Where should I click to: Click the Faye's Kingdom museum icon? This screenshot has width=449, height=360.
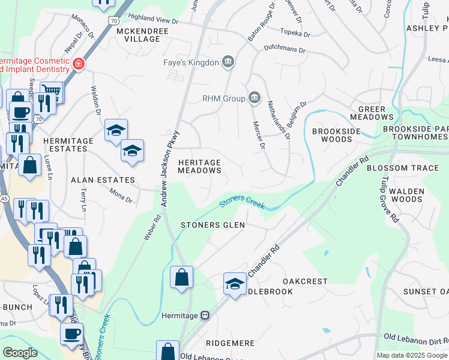(x=228, y=61)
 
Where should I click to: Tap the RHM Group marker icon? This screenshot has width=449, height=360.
(x=255, y=98)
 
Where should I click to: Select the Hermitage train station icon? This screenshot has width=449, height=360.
(x=205, y=315)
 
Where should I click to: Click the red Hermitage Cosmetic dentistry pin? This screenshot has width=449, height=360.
(x=78, y=64)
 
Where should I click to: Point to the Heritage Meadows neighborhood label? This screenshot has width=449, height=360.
(x=200, y=166)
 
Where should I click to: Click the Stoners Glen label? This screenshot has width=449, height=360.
(x=213, y=225)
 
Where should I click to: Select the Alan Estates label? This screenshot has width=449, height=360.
(x=103, y=179)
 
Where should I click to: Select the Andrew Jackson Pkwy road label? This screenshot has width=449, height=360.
(x=169, y=170)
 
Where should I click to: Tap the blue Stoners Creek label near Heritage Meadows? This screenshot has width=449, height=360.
(x=241, y=202)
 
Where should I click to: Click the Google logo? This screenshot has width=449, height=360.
(x=20, y=352)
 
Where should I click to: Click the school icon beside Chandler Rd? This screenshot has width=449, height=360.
(x=235, y=284)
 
